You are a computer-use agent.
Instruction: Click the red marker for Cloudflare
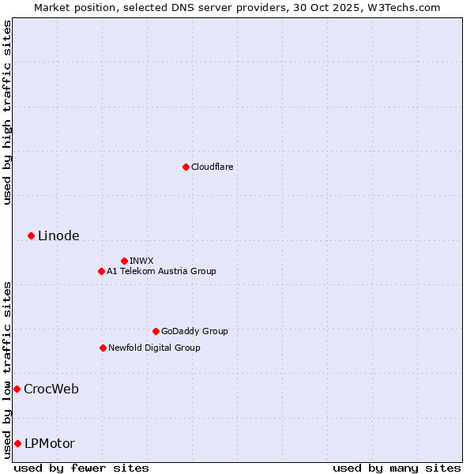[x=186, y=167]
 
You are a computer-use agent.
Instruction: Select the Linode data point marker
[x=31, y=235]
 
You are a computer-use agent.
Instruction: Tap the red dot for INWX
[x=124, y=261]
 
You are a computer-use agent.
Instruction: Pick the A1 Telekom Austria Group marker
[x=101, y=271]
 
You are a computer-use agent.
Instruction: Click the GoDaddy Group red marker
[x=156, y=331]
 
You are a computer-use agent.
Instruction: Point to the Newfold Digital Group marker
[x=103, y=348]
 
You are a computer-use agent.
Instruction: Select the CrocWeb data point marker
[x=17, y=389]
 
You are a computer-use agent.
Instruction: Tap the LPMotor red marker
[x=17, y=443]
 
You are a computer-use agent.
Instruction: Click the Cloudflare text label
[x=212, y=167]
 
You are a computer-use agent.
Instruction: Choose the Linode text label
[x=58, y=236]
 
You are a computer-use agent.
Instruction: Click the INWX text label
[x=141, y=261]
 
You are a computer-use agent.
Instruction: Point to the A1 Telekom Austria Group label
[x=161, y=271]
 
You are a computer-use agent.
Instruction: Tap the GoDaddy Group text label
[x=194, y=331]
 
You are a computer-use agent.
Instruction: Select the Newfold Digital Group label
[x=154, y=348]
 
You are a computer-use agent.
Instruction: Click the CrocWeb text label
[x=51, y=389]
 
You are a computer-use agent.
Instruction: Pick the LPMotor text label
[x=50, y=444]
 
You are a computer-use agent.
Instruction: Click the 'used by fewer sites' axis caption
[x=81, y=468]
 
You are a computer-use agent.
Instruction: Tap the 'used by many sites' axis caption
[x=397, y=468]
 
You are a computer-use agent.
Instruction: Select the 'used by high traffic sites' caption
[x=7, y=112]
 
